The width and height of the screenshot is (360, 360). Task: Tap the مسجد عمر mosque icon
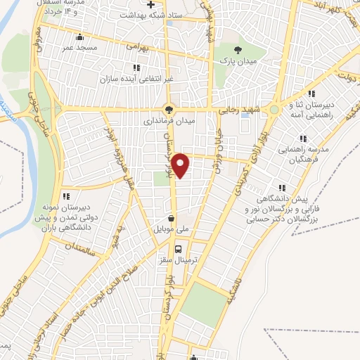pyautogui.click(x=79, y=37)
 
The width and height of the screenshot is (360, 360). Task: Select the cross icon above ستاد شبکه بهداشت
pyautogui.click(x=150, y=5)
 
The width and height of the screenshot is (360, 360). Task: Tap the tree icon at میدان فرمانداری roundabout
pyautogui.click(x=167, y=109)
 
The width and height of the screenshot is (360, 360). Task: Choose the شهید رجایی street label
pyautogui.click(x=260, y=109)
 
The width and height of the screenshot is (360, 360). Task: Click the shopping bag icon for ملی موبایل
pyautogui.click(x=172, y=218)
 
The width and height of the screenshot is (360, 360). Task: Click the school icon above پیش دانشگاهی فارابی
pyautogui.click(x=282, y=188)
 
